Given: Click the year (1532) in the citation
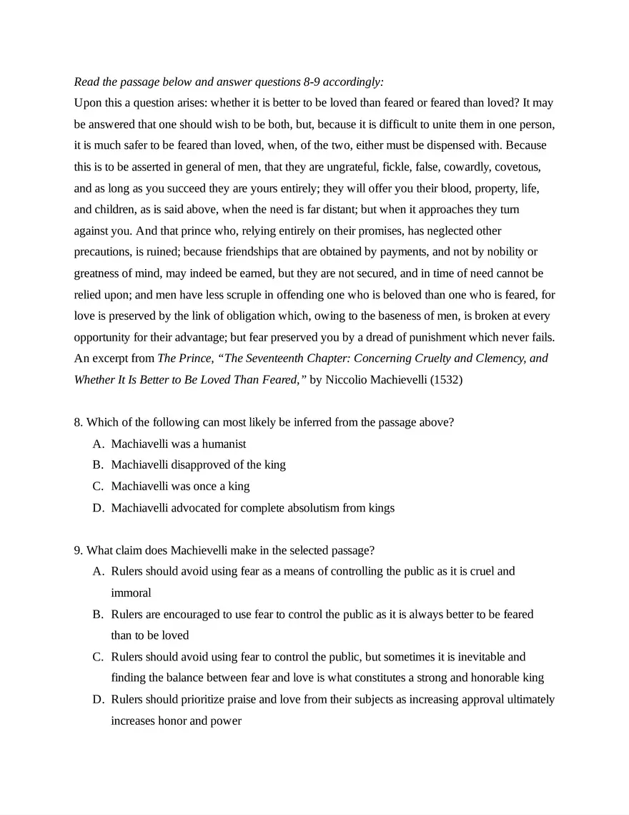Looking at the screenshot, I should tap(446, 380).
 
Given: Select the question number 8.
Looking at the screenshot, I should tap(78, 422).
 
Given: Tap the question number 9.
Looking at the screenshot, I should tap(78, 550).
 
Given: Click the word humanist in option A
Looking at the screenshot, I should tap(224, 444).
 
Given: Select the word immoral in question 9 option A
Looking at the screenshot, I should tap(131, 593).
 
